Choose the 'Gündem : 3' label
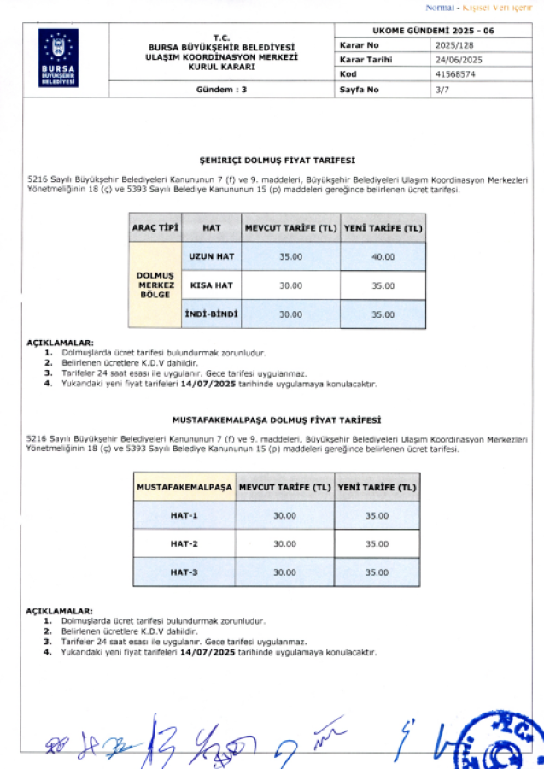click(221, 89)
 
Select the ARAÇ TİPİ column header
click(155, 228)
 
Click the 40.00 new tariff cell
click(383, 256)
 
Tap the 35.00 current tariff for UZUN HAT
click(290, 256)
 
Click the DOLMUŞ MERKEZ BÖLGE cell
click(155, 285)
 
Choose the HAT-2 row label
click(184, 543)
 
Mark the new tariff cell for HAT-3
click(377, 572)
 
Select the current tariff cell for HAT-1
click(284, 515)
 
